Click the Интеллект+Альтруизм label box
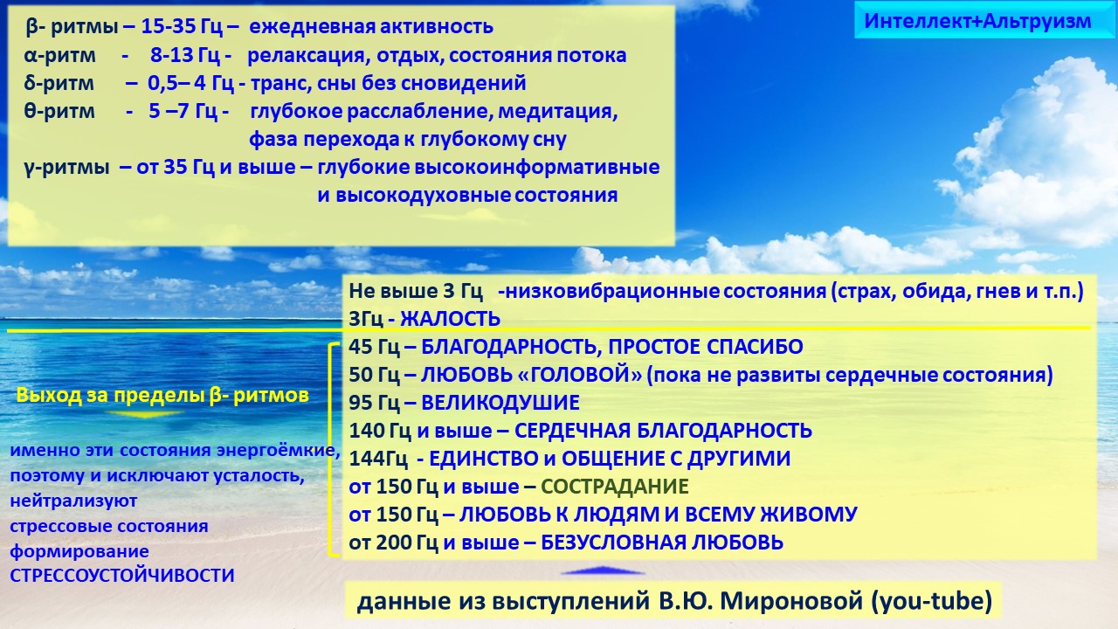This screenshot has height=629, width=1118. [977, 21]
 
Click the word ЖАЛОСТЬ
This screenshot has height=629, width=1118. [451, 318]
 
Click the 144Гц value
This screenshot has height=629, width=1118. [378, 459]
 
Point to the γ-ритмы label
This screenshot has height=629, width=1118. [66, 167]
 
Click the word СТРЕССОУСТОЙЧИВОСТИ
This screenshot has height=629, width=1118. [122, 576]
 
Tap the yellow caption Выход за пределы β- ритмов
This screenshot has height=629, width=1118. [162, 395]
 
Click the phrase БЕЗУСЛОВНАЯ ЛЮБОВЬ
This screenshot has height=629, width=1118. [662, 543]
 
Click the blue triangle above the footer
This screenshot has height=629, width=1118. [602, 571]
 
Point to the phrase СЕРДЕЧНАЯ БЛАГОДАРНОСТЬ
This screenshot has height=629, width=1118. [663, 431]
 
